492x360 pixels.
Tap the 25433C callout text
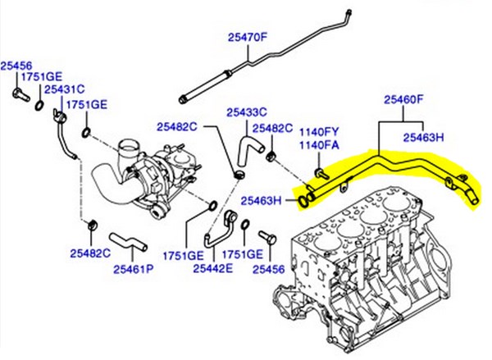pos(246,112)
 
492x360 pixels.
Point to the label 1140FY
pos(319,132)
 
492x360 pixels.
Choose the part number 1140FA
pos(319,145)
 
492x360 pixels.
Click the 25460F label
pos(404,101)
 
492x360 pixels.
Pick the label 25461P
pos(134,267)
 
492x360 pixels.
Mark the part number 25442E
pos(213,267)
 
